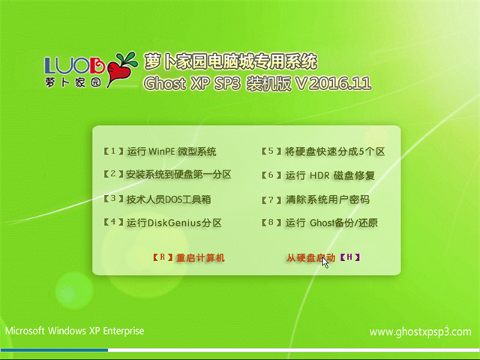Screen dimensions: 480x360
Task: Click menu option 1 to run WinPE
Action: click(x=160, y=151)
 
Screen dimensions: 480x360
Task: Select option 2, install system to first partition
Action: click(x=167, y=175)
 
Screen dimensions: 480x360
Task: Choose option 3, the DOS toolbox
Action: click(x=157, y=199)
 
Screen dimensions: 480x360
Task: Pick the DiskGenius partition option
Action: click(x=162, y=223)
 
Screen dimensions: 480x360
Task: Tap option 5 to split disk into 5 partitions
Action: click(x=323, y=151)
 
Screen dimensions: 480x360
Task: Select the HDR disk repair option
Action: click(x=318, y=175)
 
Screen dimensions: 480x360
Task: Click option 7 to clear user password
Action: click(x=315, y=199)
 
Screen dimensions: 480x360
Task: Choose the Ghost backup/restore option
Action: click(x=319, y=223)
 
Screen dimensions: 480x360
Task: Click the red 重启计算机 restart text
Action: click(x=200, y=258)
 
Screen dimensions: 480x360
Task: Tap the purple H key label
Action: click(x=349, y=257)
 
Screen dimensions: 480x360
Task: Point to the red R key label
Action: click(x=163, y=257)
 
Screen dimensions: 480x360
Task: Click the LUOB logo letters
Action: click(x=74, y=65)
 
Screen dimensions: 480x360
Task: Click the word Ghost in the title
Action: click(x=165, y=83)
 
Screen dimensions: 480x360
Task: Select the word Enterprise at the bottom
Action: click(x=123, y=331)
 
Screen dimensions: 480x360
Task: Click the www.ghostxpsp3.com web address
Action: click(x=420, y=331)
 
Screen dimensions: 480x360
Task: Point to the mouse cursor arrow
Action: click(x=325, y=262)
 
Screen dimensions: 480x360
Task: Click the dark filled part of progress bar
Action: click(x=54, y=350)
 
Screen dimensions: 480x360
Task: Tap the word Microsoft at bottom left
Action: click(x=25, y=331)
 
